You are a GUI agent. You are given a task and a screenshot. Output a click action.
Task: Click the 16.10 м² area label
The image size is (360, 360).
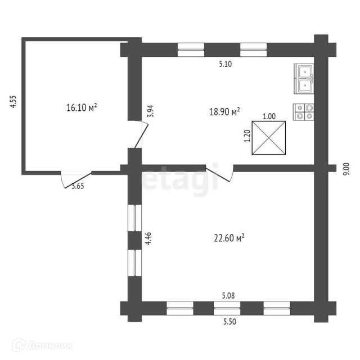[82, 107]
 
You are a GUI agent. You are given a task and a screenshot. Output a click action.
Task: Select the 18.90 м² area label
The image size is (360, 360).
[225, 111]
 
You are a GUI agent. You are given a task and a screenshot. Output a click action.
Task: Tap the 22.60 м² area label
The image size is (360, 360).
[227, 238]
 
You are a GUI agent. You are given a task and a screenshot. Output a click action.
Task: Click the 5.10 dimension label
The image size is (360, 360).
[226, 64]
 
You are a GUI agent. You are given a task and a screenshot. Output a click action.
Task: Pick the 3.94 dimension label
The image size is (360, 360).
[150, 111]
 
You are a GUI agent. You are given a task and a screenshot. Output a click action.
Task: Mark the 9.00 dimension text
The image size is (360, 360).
[346, 169]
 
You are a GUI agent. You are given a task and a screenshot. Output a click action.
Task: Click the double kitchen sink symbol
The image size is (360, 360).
[304, 78]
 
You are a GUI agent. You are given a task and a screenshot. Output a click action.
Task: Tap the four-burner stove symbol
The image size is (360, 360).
[304, 111]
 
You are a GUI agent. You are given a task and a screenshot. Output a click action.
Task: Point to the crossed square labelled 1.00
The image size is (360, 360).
[269, 138]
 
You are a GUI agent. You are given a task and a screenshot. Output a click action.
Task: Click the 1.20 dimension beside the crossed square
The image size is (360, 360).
[246, 137]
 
